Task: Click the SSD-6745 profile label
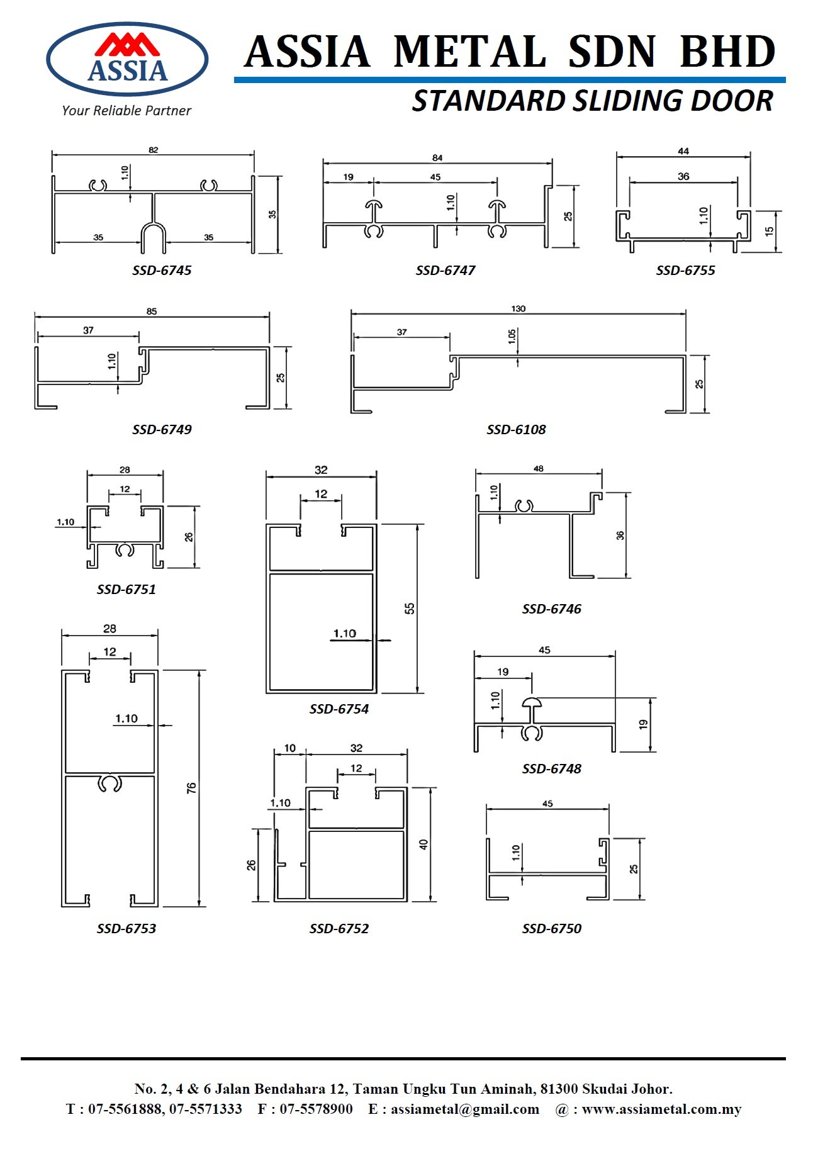pyautogui.click(x=162, y=271)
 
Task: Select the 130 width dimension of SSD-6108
pyautogui.click(x=518, y=309)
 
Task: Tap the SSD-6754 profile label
pyautogui.click(x=339, y=709)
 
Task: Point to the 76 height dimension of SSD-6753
pyautogui.click(x=192, y=788)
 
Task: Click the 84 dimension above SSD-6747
pyautogui.click(x=437, y=158)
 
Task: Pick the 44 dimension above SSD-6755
pyautogui.click(x=683, y=151)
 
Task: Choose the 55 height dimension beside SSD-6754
pyautogui.click(x=410, y=609)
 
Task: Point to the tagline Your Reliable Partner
pyautogui.click(x=126, y=111)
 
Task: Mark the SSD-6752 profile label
pyautogui.click(x=339, y=929)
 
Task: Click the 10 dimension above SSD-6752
pyautogui.click(x=289, y=748)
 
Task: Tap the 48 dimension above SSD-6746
pyautogui.click(x=538, y=469)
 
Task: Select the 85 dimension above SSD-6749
pyautogui.click(x=152, y=311)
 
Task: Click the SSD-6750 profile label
pyautogui.click(x=551, y=929)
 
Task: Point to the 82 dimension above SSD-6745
pyautogui.click(x=154, y=150)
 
